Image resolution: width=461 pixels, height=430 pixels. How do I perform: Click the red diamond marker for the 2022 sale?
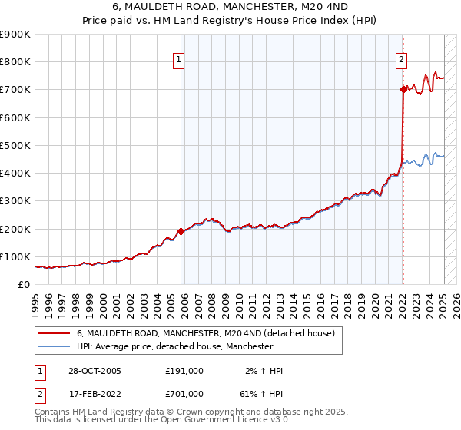(x=403, y=89)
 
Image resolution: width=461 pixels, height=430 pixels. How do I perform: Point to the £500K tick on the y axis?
(x=15, y=145)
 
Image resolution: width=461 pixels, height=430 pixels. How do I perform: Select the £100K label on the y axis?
(x=15, y=256)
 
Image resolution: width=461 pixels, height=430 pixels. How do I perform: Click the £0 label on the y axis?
(x=25, y=285)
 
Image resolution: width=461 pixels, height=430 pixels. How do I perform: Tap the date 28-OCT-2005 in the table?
(x=95, y=371)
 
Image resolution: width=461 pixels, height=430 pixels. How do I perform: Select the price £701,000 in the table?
(x=184, y=395)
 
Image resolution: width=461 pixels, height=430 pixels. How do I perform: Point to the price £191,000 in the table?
(x=184, y=371)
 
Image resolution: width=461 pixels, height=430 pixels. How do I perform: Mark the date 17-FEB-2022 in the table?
(x=95, y=395)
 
